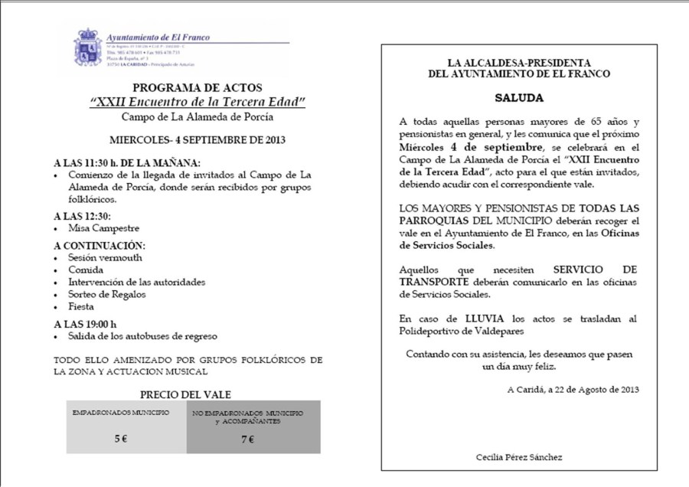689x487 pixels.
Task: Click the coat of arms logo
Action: [x=87, y=47]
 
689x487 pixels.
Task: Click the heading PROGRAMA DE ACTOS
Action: [x=198, y=87]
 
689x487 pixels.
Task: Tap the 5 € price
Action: [x=121, y=439]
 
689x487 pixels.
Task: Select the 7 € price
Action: [x=248, y=439]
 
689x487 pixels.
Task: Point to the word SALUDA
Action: [x=518, y=98]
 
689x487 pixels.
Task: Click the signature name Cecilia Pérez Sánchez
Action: [x=519, y=457]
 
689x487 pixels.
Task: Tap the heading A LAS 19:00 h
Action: [x=86, y=323]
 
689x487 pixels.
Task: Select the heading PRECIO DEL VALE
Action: [x=186, y=394]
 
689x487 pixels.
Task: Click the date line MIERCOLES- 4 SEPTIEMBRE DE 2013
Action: [x=198, y=140]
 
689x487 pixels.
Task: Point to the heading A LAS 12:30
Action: [x=82, y=215]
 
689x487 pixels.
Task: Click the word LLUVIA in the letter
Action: [x=483, y=318]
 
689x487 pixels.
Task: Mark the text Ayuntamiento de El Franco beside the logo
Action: [x=158, y=37]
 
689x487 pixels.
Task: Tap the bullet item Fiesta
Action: [x=81, y=306]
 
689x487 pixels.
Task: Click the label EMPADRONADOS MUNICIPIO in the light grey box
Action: [x=120, y=413]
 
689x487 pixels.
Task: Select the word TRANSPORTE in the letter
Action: [x=434, y=281]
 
